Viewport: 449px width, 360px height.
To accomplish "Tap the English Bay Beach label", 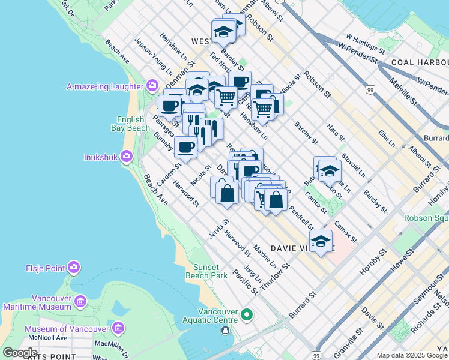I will [x=130, y=124].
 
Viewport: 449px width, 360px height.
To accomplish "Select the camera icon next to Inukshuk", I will [x=126, y=157].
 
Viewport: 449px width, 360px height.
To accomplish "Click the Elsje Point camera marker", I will [x=74, y=268].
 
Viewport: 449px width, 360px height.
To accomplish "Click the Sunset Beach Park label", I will [x=210, y=271].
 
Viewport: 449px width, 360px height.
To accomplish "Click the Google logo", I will [x=20, y=353].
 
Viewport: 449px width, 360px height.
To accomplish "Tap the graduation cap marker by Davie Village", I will [x=321, y=242].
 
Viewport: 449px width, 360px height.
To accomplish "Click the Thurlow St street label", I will [x=279, y=273].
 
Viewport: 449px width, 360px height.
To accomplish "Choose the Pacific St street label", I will [x=246, y=282].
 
